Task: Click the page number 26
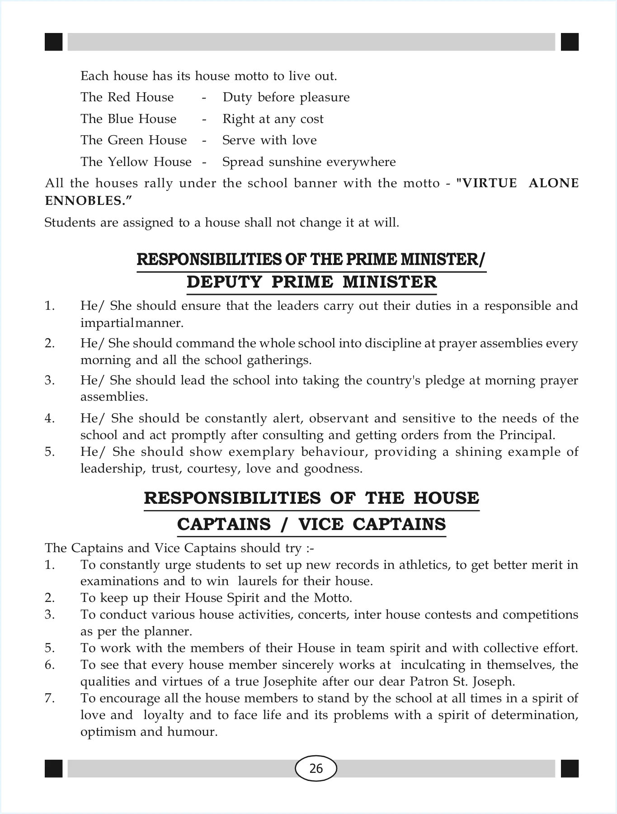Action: click(316, 768)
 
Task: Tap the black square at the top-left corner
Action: click(53, 42)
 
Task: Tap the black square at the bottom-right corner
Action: click(570, 768)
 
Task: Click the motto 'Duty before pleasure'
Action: click(286, 97)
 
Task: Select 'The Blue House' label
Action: click(128, 119)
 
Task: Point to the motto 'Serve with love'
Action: click(269, 140)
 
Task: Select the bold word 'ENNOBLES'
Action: click(85, 201)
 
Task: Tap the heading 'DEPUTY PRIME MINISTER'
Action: click(312, 282)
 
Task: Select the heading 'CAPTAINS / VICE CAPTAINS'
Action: click(311, 525)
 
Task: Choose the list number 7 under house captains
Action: click(49, 698)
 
